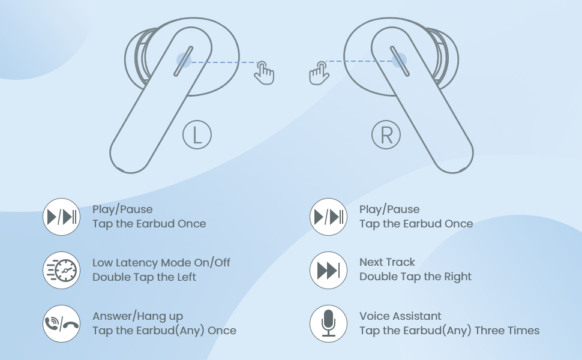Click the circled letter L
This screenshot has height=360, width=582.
click(x=197, y=135)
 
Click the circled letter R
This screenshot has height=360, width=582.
click(x=386, y=135)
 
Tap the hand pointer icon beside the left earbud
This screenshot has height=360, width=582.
click(x=264, y=73)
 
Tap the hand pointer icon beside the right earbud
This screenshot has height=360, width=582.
click(x=319, y=73)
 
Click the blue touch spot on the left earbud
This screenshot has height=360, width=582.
click(x=184, y=59)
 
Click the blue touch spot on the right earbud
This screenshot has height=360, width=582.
click(x=398, y=59)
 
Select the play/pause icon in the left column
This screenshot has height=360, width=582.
click(x=62, y=217)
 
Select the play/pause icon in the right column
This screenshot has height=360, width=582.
click(x=328, y=217)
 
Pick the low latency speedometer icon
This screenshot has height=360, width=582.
click(x=62, y=270)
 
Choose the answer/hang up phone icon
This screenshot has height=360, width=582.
click(x=62, y=323)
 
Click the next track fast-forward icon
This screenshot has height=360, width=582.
click(x=328, y=270)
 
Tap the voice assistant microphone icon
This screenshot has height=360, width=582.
click(x=328, y=323)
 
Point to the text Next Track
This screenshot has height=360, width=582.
click(x=387, y=262)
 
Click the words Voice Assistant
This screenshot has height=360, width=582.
click(x=400, y=316)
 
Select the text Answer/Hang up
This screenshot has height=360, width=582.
click(x=137, y=316)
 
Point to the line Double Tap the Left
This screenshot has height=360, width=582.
click(x=144, y=277)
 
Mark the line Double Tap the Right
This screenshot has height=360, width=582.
click(x=415, y=277)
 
